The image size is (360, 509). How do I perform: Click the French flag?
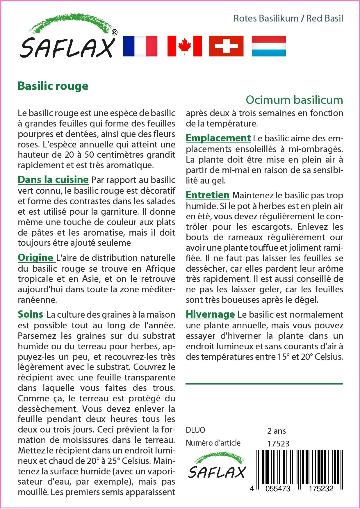point(140,46)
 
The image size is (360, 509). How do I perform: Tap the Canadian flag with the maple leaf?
point(185,46)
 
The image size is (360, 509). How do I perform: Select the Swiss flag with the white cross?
point(226,46)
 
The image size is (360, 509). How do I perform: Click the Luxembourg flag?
point(269,46)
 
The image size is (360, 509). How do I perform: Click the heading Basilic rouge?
point(53,86)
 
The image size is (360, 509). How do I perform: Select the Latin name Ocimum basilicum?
point(294,100)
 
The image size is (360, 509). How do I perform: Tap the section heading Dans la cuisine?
point(53,179)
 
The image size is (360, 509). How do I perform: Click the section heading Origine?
point(35,257)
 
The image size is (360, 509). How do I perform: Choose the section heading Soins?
point(31,314)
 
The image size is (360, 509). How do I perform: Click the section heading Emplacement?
point(218,138)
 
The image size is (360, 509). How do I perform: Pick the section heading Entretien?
point(208,195)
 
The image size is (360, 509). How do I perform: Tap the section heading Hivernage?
point(210,314)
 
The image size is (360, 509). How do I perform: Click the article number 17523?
point(278,443)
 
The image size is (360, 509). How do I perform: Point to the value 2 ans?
point(277,431)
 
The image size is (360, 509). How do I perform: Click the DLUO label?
point(195,430)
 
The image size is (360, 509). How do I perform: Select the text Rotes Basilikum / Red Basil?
point(288,19)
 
